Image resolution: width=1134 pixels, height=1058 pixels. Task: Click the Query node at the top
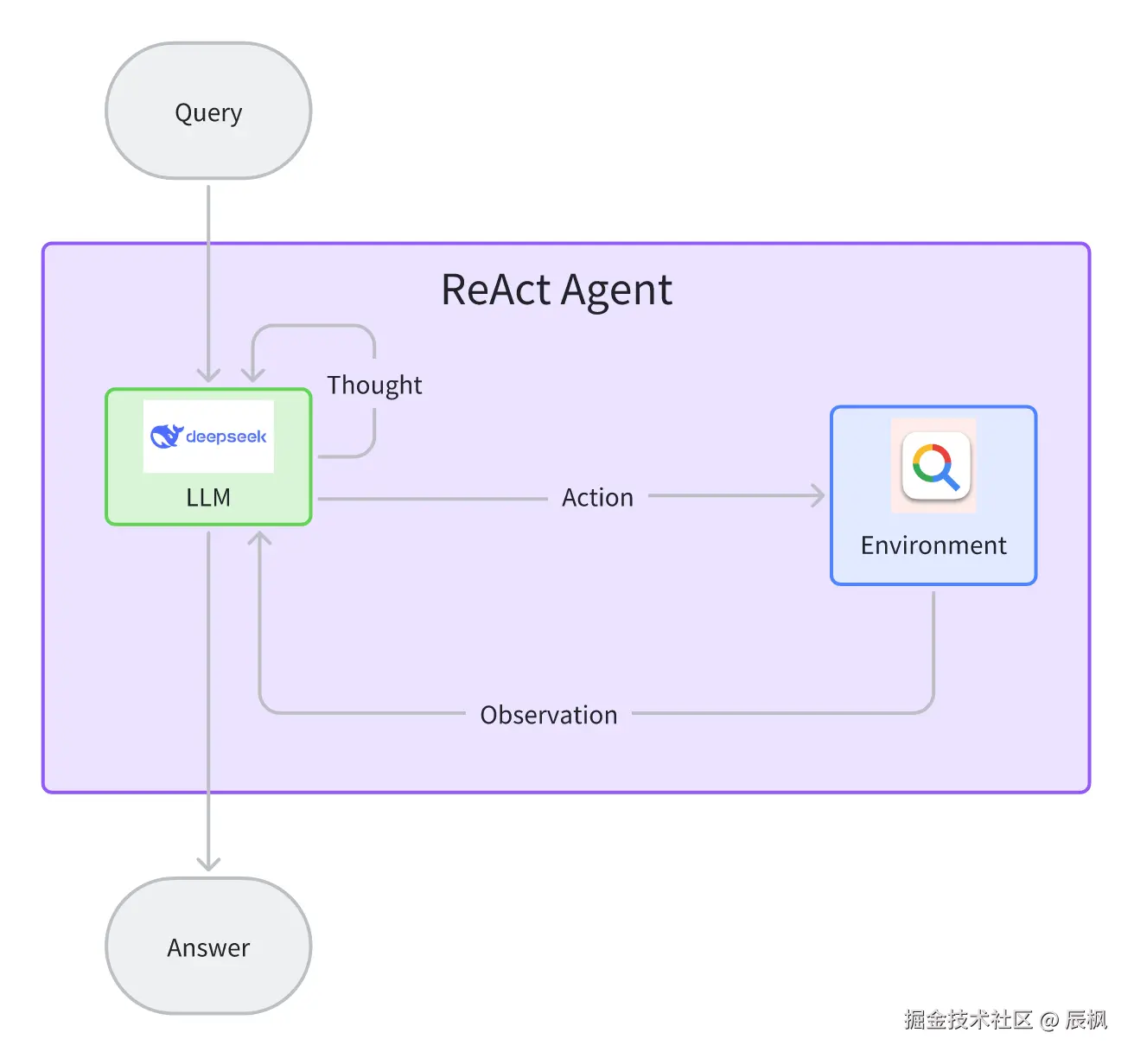208,111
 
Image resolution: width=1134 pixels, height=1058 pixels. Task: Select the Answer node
208,946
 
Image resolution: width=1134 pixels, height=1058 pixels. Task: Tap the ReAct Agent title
557,290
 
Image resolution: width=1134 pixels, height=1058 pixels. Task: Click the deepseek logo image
208,437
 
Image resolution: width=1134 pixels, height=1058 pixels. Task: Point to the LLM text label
208,498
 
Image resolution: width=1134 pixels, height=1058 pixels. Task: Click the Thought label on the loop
374,385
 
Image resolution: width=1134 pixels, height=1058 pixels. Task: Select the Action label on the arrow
598,498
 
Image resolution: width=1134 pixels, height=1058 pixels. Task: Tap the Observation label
549,715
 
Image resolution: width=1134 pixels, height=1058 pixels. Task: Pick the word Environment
933,545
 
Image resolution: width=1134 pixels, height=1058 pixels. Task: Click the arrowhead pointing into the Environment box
819,495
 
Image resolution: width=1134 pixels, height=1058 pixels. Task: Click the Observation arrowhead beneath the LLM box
259,539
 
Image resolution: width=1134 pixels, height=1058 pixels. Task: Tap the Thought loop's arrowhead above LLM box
253,375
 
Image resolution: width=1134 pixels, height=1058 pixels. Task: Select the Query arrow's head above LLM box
208,375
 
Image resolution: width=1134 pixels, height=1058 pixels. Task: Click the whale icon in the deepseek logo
167,437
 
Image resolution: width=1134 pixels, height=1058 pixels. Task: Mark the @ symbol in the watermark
1049,1021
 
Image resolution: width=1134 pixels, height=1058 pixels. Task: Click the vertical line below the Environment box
933,643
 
